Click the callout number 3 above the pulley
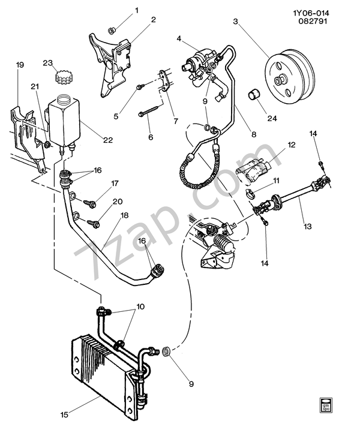coord(236,22)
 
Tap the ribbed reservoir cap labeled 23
coord(63,77)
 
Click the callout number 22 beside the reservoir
coord(108,140)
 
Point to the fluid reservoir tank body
coord(65,120)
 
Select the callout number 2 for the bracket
coord(153,19)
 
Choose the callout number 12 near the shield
coord(292,145)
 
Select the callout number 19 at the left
coord(19,64)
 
